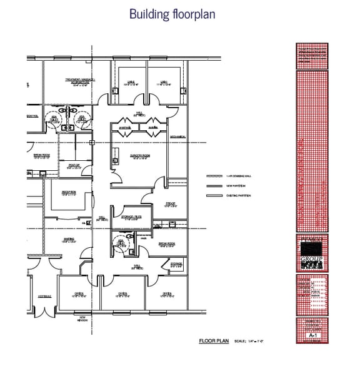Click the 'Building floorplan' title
(172, 14)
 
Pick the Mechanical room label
(177, 137)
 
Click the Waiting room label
(70, 239)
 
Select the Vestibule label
(44, 295)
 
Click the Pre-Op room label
(170, 203)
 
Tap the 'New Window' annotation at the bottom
(82, 319)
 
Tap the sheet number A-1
(311, 336)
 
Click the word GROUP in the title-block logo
(311, 257)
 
